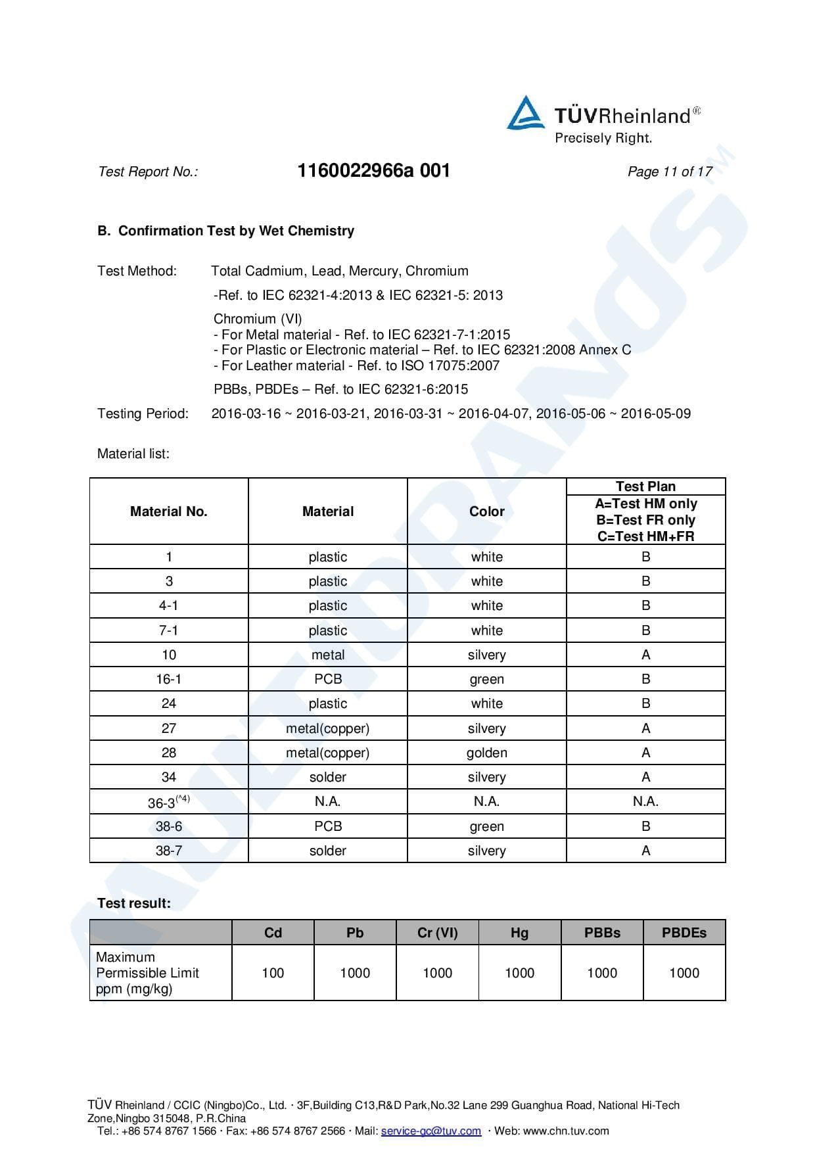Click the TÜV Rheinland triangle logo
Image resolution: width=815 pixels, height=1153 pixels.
point(525,114)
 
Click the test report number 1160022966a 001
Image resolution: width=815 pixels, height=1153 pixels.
point(373,171)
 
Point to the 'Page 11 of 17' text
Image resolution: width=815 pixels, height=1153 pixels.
point(669,172)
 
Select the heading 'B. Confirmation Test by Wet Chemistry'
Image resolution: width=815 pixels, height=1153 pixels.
point(225,231)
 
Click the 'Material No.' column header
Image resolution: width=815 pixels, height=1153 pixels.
point(169,511)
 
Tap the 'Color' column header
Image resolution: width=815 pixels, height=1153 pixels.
point(486,511)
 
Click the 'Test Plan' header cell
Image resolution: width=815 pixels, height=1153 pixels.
point(645,486)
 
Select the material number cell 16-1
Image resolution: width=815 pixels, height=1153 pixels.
point(169,679)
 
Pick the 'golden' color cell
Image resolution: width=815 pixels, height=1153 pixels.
point(486,753)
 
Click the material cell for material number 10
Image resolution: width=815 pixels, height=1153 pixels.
point(327,655)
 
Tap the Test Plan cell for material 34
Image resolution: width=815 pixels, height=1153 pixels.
point(645,777)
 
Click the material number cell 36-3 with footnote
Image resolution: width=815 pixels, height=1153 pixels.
point(169,802)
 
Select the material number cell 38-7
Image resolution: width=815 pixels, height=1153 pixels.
point(169,851)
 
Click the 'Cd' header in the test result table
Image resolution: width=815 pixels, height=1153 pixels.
point(273,933)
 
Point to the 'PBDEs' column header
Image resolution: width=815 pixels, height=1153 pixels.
point(684,933)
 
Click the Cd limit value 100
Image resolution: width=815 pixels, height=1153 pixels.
point(273,973)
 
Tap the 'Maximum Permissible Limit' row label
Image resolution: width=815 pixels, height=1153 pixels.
point(147,973)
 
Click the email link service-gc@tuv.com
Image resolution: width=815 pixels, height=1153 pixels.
point(431,1131)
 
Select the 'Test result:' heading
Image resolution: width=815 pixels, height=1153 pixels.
point(133,903)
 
